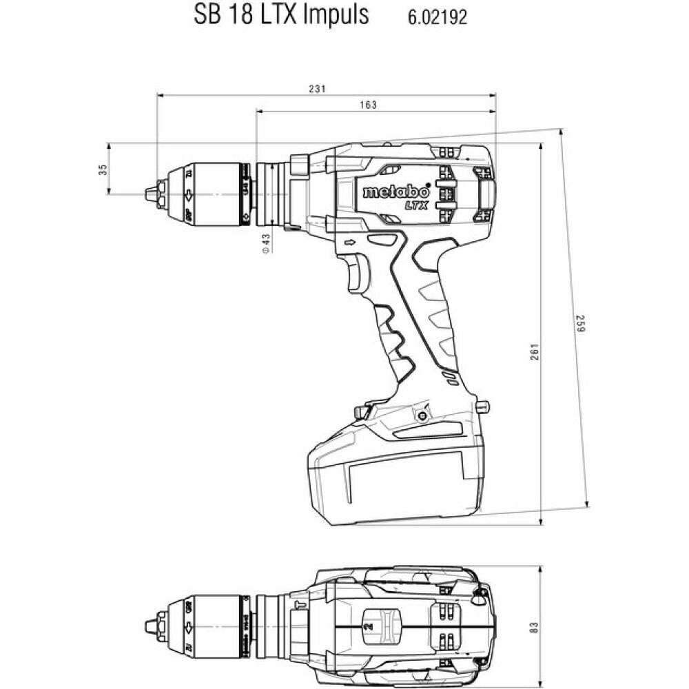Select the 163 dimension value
tap(369, 105)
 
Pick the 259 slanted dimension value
tap(579, 325)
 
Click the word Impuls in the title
tap(334, 14)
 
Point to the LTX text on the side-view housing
tap(416, 205)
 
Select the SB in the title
tap(203, 14)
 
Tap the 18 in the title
tap(235, 14)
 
